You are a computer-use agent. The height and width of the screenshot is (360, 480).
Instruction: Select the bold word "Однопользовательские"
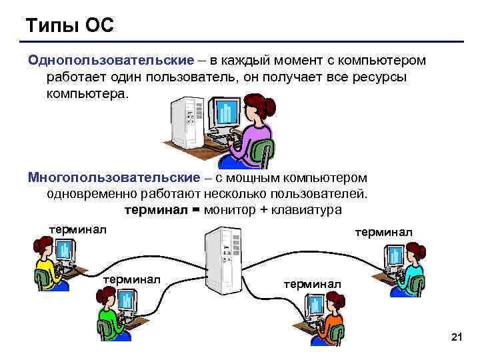click(111, 61)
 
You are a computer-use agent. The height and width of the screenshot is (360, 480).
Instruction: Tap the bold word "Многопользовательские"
click(113, 177)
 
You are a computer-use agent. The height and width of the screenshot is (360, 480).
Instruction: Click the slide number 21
click(457, 339)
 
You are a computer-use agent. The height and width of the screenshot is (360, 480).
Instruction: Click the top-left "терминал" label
click(79, 230)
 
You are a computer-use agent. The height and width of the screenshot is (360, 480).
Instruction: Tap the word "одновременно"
click(91, 194)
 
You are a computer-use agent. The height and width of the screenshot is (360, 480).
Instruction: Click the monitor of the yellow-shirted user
click(64, 252)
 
